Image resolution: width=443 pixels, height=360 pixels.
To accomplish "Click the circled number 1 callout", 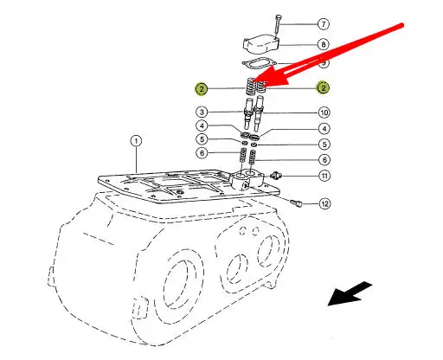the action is point(136,141).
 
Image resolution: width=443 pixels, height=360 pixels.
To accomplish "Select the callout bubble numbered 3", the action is point(202,112).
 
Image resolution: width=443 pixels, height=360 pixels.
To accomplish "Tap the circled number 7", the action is point(324,24).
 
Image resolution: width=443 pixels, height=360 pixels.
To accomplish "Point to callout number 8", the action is point(324,44).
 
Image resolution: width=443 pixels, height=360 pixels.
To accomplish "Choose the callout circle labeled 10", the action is point(324,112).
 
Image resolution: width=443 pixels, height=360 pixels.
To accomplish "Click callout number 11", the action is point(324,176).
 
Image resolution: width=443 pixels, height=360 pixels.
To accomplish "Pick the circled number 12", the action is point(324,203).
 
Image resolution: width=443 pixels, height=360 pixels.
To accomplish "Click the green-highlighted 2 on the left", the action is point(202,88).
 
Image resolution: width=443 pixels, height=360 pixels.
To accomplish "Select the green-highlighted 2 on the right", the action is point(323,87).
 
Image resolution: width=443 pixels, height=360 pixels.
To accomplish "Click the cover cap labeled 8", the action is point(261,44).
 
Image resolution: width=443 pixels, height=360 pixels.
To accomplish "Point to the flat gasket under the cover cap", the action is point(260,64).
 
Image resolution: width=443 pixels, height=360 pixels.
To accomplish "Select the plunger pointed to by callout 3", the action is point(249,113).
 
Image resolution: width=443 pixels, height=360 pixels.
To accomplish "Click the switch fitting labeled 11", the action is point(275,175).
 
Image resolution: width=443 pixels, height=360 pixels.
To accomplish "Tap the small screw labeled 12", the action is point(296,202).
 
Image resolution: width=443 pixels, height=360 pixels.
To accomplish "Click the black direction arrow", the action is point(350,293).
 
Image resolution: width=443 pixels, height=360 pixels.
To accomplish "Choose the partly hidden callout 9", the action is point(324,63).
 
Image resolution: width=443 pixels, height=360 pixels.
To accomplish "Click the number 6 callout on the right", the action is point(324,159).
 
